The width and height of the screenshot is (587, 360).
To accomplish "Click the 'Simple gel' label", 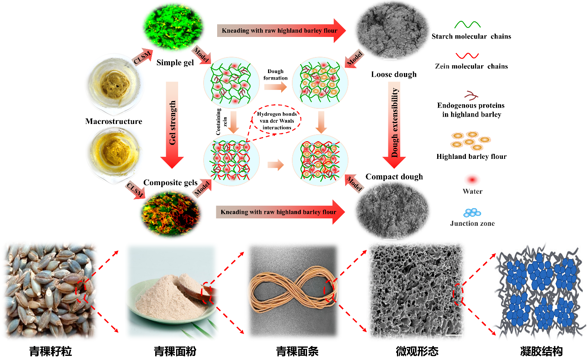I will click(x=175, y=63).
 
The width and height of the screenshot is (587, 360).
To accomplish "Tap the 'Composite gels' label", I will click(x=170, y=183).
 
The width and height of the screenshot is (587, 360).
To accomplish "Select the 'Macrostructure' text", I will click(x=114, y=122).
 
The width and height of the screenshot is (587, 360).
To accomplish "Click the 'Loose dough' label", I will click(x=394, y=74).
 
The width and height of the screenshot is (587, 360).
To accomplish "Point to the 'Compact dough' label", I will click(x=394, y=177).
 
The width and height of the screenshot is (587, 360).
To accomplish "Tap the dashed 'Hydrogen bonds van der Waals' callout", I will click(x=277, y=121).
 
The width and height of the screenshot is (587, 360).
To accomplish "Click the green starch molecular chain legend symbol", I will click(x=467, y=25).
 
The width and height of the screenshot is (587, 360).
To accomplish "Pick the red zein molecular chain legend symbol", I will click(x=467, y=55).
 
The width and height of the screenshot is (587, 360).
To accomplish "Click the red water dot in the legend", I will click(x=472, y=180).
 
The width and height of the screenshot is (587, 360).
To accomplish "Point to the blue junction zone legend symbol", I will click(x=472, y=213).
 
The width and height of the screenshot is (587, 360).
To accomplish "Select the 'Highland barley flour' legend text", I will click(x=471, y=156).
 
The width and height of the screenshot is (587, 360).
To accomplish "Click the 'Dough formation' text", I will click(x=275, y=75).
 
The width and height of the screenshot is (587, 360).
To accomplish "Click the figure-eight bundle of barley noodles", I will click(x=293, y=290).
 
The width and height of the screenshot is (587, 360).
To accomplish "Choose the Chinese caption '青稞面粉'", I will click(x=175, y=351).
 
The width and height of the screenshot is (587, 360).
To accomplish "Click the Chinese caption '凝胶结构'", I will click(x=541, y=351).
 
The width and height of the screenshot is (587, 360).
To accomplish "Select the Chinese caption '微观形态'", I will click(x=417, y=351).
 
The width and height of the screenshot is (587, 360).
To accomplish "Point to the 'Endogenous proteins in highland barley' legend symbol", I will click(x=471, y=96).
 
